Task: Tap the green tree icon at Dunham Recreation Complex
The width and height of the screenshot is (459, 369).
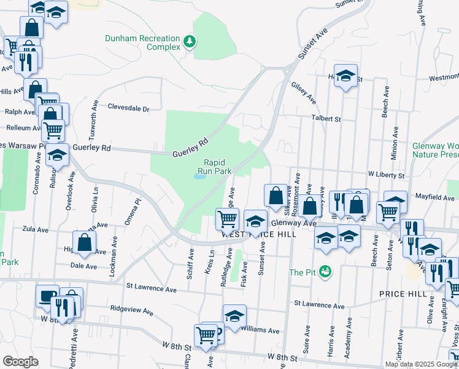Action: pos(190,42)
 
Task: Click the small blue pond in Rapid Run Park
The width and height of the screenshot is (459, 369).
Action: pos(200,177)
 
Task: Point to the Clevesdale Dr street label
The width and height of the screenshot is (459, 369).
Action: pos(128,108)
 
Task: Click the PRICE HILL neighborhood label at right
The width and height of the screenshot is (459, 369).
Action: pos(403,294)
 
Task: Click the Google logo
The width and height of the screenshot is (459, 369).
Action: pos(20,361)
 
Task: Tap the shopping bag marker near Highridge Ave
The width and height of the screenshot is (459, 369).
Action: pos(85,242)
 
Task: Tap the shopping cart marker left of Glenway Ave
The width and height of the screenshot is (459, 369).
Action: pos(227,218)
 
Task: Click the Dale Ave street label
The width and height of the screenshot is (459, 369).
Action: pos(84,266)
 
